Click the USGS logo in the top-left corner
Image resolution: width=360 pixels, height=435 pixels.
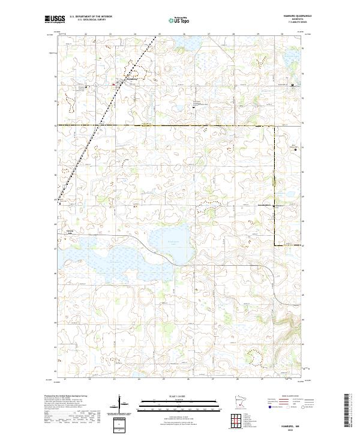point(53,20)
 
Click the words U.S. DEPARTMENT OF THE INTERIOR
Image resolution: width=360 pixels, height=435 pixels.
point(91,17)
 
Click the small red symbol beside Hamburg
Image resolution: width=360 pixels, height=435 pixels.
point(114,85)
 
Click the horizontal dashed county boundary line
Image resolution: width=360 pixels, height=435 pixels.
point(180,125)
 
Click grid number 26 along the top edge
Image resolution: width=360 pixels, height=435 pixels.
point(184,34)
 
